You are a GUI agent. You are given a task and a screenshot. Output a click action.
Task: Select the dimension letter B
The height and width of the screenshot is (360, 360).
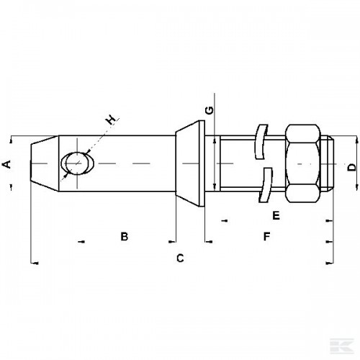pos(125,236)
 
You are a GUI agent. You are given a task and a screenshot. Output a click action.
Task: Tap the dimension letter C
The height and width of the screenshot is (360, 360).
pos(180,258)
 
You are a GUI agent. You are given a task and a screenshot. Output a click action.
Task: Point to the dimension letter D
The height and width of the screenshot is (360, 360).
pos(352,167)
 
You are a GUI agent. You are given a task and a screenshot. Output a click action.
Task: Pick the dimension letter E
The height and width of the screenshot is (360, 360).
pos(276,215)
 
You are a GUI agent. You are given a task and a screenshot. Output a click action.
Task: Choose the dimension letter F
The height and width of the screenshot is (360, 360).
pos(266,236)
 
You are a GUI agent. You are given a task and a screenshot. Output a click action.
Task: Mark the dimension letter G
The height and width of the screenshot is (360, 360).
pos(210,110)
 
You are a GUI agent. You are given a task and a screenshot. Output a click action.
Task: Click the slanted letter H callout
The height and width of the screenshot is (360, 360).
pos(111,120)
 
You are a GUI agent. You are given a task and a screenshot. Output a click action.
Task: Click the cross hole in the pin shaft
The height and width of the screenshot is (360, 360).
pos(77,163)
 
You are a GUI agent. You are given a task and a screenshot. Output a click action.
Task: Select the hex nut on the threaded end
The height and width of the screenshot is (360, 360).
pos(303,163)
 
